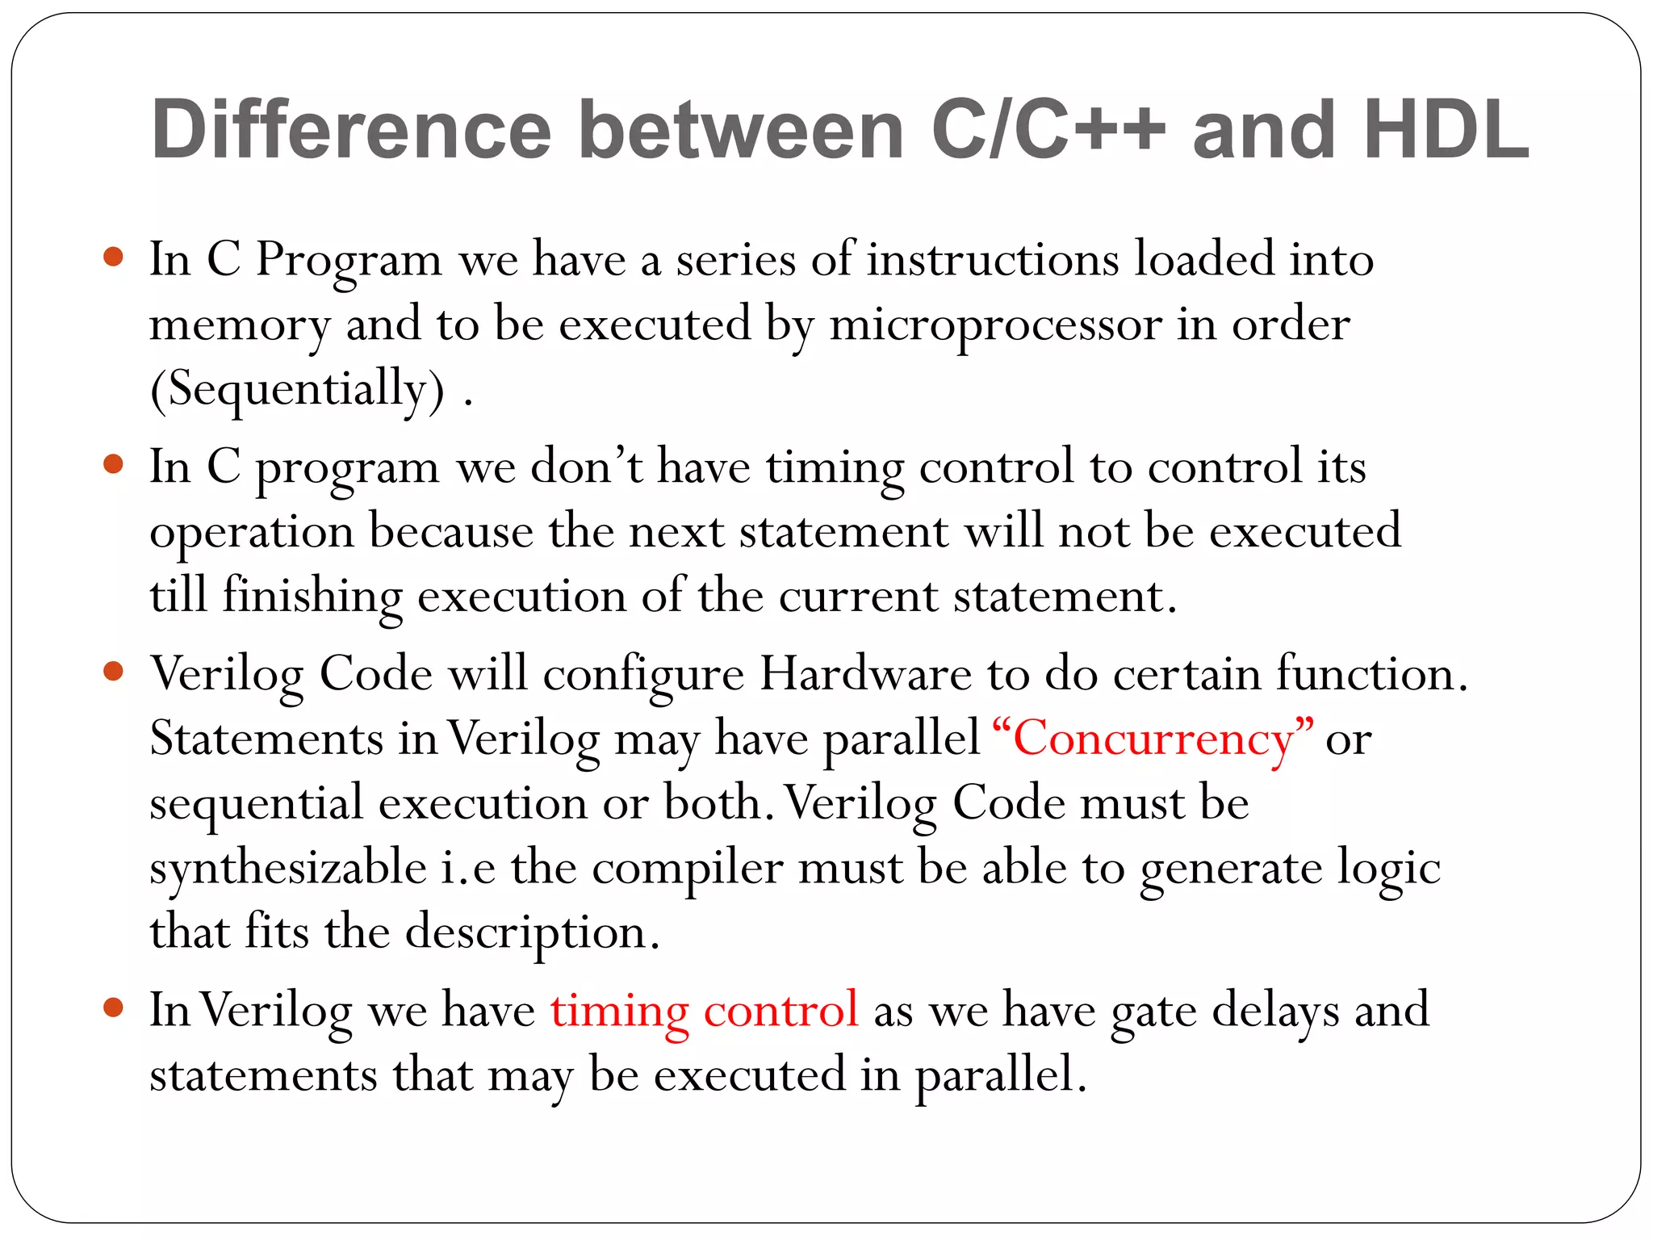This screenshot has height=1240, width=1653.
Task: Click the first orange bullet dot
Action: point(114,258)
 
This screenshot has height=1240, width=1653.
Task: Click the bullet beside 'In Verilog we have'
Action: point(114,1007)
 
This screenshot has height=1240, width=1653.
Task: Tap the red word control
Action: point(780,1010)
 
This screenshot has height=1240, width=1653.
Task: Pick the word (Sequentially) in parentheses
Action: point(297,390)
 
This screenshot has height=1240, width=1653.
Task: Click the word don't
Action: point(587,467)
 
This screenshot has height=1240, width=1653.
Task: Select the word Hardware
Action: point(865,674)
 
